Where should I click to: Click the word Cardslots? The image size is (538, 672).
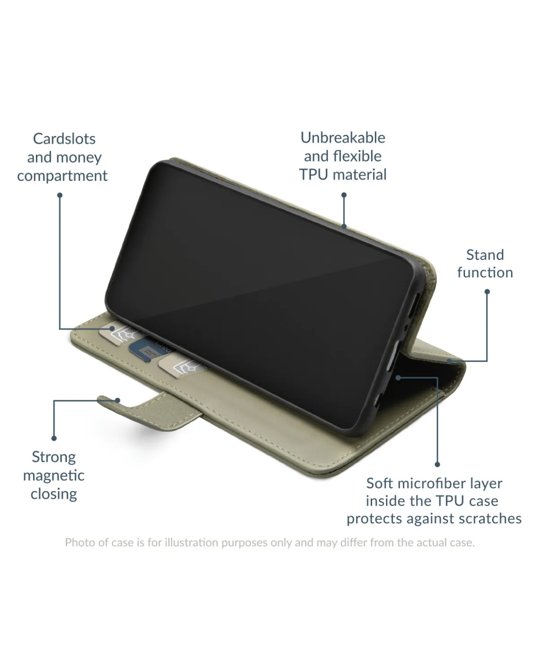click(x=64, y=138)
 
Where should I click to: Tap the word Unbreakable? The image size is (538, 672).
click(x=343, y=137)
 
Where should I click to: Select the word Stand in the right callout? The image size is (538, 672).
click(x=485, y=254)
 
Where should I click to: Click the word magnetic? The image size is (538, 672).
click(x=53, y=475)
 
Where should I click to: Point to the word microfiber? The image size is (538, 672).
click(x=433, y=483)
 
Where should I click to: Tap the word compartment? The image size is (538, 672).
click(x=62, y=176)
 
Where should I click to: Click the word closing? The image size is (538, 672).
click(x=53, y=494)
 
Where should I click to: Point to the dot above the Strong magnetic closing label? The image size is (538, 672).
click(x=54, y=438)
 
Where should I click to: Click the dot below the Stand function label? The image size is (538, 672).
click(x=487, y=291)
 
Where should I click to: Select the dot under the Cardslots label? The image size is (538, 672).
click(x=60, y=195)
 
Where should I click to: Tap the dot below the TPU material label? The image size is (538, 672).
click(x=344, y=195)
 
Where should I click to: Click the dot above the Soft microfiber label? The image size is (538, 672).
click(x=438, y=465)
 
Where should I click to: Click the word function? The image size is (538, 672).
click(x=485, y=272)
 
